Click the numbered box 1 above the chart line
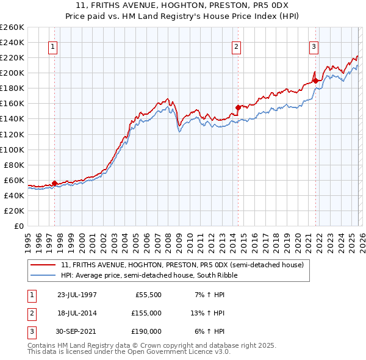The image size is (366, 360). pyautogui.click(x=52, y=46)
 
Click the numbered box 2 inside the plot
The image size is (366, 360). pyautogui.click(x=236, y=46)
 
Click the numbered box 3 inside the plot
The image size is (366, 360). pyautogui.click(x=314, y=46)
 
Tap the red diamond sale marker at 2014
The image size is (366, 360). pyautogui.click(x=239, y=107)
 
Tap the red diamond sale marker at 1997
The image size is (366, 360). pyautogui.click(x=55, y=183)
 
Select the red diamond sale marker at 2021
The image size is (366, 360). pyautogui.click(x=316, y=80)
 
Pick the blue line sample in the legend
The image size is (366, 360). pyautogui.click(x=43, y=275)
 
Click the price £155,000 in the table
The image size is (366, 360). pyautogui.click(x=146, y=313)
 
